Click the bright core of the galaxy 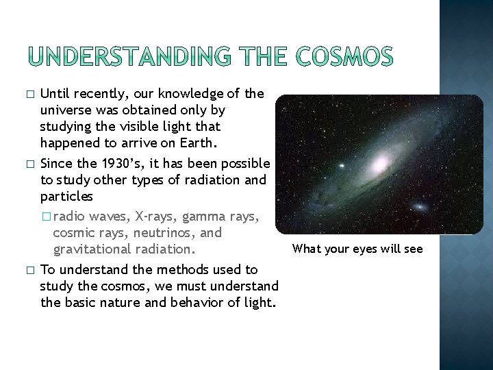(x=379, y=163)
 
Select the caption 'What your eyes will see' (x=357, y=249)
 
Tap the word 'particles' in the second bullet (x=66, y=197)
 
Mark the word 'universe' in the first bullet (x=66, y=110)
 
